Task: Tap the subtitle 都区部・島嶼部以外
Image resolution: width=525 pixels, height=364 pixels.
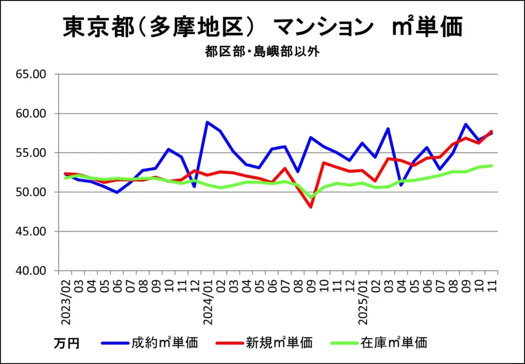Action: [x=262, y=52]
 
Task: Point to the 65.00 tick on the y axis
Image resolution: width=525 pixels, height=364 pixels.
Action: [x=31, y=74]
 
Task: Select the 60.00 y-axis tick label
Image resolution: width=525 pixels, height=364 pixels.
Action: [x=31, y=113]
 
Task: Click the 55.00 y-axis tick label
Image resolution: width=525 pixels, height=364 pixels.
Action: [x=31, y=153]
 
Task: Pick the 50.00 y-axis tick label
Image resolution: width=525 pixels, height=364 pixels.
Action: [x=31, y=192]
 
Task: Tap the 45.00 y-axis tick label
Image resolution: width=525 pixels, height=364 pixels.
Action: [x=31, y=231]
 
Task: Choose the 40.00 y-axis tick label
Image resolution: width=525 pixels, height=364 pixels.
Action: [x=31, y=271]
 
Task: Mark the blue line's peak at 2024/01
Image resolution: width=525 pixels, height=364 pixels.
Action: [x=207, y=122]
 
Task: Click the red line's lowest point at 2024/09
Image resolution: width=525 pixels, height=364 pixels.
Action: [x=311, y=207]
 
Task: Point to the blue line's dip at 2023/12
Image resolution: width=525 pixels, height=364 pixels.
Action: [x=194, y=187]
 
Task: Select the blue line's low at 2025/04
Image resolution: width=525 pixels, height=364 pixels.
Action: [x=401, y=185]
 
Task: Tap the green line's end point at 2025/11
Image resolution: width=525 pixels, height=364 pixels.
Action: [x=492, y=166]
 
